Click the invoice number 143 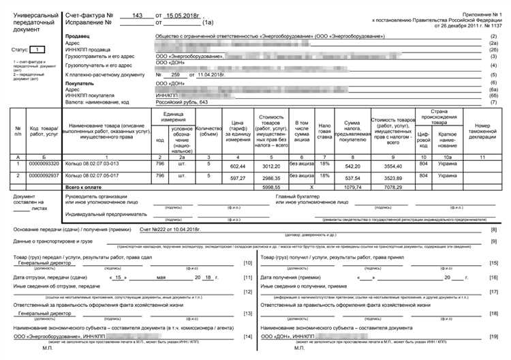(x=138, y=15)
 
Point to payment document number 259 (x=175, y=74)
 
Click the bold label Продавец (x=78, y=35)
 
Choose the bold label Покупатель (x=80, y=82)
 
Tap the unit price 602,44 (x=237, y=166)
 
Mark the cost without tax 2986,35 (x=272, y=177)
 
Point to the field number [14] (x=247, y=337)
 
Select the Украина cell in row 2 (x=448, y=176)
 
